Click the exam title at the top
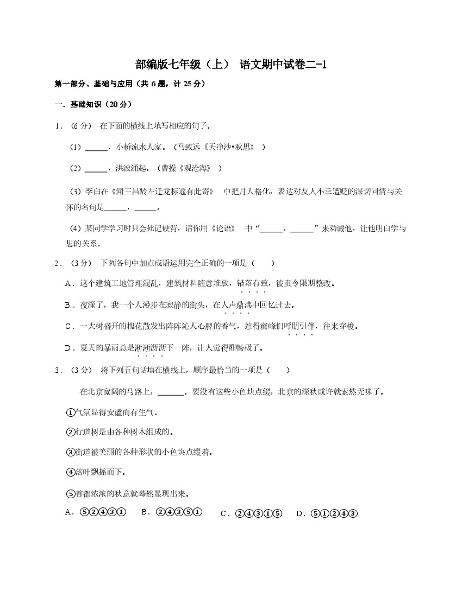(x=231, y=65)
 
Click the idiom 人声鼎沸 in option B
(x=237, y=305)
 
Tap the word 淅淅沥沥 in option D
(x=151, y=347)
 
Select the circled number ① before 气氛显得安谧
(x=70, y=412)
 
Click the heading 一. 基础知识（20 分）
(x=93, y=104)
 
